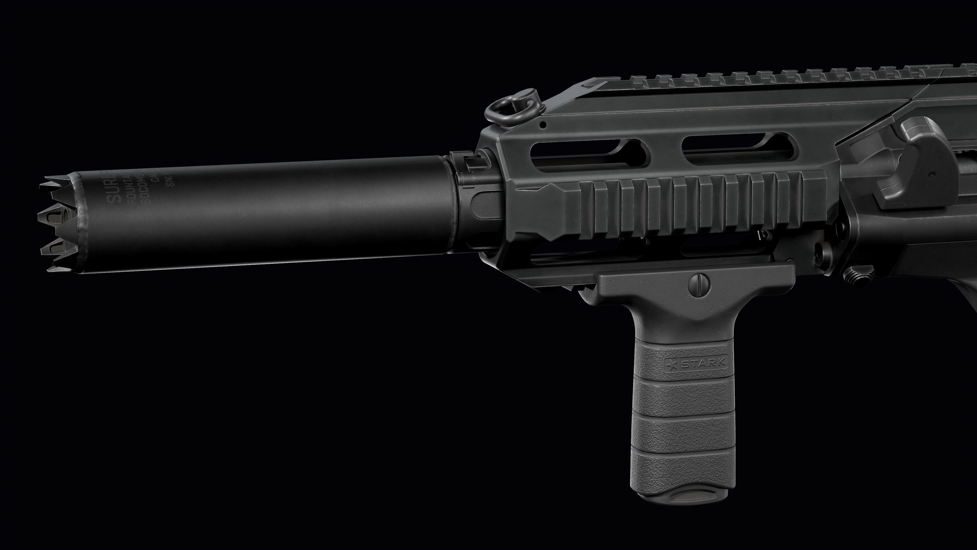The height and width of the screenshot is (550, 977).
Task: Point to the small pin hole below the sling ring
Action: [543, 124]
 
